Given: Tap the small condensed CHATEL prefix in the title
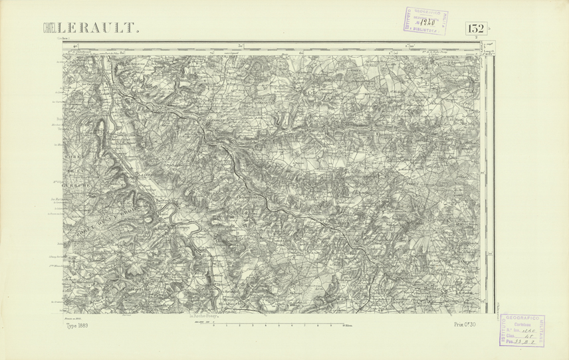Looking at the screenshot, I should point(49,29).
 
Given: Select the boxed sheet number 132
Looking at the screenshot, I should point(475,29).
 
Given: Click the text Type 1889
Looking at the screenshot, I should point(78,325).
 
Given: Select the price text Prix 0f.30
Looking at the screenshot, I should point(467,324).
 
